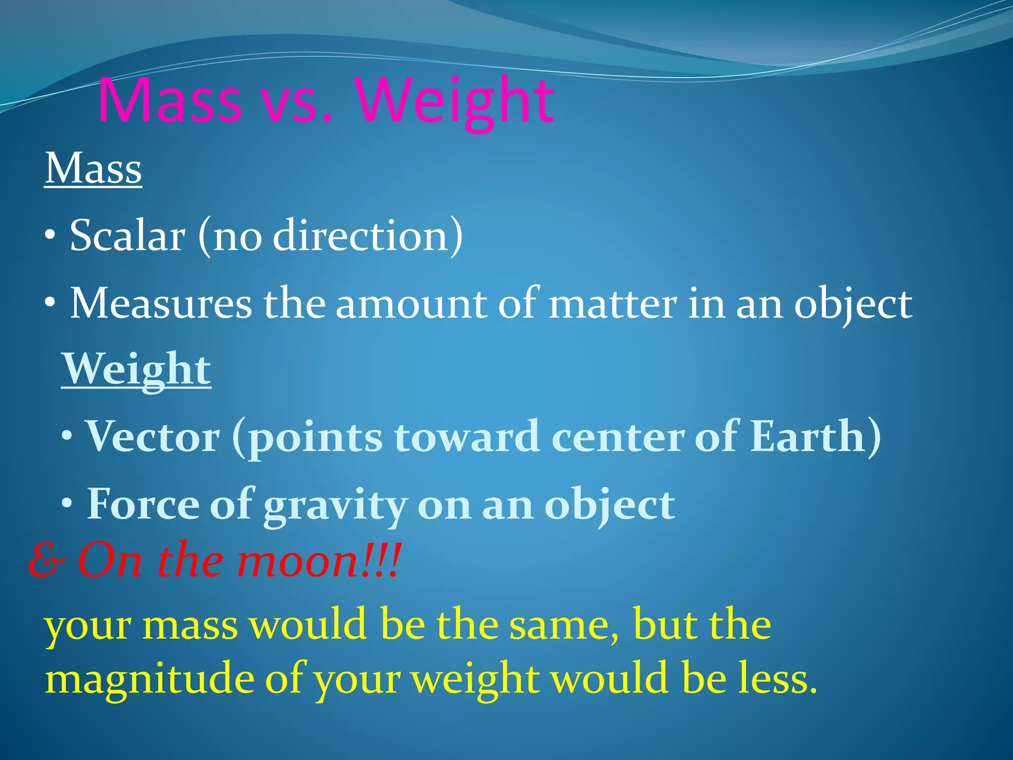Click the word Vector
pyautogui.click(x=153, y=436)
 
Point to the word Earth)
pyautogui.click(x=815, y=436)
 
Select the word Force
pyautogui.click(x=143, y=504)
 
